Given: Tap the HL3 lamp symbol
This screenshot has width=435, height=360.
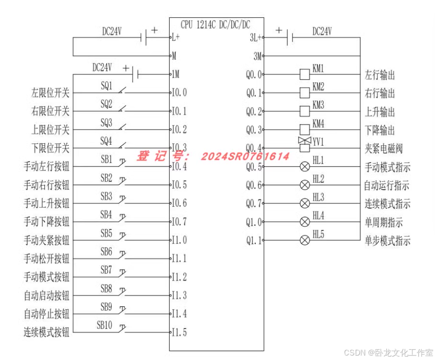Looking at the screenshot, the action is click(x=305, y=203).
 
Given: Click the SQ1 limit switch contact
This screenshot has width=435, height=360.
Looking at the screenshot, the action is click(x=120, y=91).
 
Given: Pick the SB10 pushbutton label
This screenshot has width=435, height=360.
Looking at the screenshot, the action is click(x=105, y=325).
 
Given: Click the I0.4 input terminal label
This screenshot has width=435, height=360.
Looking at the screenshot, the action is click(x=179, y=167).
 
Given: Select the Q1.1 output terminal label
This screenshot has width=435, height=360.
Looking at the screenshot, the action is click(x=254, y=241).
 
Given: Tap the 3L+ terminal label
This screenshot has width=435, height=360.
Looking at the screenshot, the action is click(x=256, y=37).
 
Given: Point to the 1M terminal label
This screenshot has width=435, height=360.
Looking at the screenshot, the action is click(x=176, y=74).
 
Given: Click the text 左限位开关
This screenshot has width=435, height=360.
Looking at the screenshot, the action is click(x=51, y=93).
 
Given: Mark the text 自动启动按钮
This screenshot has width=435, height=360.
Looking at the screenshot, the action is click(x=47, y=296).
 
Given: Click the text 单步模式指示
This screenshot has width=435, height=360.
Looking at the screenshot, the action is click(x=387, y=241).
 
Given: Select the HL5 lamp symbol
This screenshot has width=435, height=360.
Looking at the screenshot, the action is click(x=305, y=240).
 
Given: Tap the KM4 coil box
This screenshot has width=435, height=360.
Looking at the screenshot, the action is click(x=305, y=130).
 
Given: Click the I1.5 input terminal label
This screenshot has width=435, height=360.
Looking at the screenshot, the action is click(x=179, y=332).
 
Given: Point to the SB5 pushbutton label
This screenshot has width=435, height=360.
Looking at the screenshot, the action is click(x=106, y=232).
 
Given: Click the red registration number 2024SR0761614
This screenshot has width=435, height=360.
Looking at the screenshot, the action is click(x=245, y=157).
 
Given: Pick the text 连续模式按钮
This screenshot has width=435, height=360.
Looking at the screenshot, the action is click(x=47, y=332).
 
